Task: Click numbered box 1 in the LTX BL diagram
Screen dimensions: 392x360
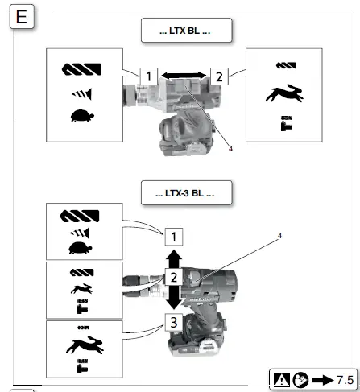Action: pyautogui.click(x=147, y=77)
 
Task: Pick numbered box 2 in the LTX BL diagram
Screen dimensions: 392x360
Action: pyautogui.click(x=218, y=77)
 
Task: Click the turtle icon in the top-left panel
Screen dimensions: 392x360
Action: pyautogui.click(x=81, y=117)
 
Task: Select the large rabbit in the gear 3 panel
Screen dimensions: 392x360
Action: pyautogui.click(x=81, y=347)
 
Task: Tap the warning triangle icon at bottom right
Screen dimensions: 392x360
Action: pyautogui.click(x=282, y=378)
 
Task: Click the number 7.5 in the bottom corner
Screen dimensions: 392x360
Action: pyautogui.click(x=344, y=378)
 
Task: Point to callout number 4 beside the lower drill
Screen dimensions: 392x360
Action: pyautogui.click(x=279, y=236)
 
